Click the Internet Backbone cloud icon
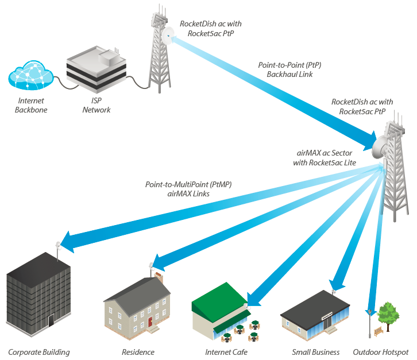tap(31, 75)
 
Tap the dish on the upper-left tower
tap(168, 36)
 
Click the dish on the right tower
tap(380, 148)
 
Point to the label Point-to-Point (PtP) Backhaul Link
tap(289, 69)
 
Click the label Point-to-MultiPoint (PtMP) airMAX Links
tap(188, 189)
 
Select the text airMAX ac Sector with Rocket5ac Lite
tap(325, 158)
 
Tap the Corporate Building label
tap(39, 353)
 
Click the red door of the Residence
tap(150, 322)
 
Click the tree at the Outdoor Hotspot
tap(388, 316)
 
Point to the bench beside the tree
tap(379, 331)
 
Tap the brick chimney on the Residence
tap(159, 277)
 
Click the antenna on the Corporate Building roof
tap(58, 250)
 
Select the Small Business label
tap(316, 353)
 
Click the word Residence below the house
tap(138, 353)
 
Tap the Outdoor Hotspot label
tap(381, 353)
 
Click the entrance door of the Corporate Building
tap(51, 320)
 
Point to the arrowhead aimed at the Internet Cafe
tap(253, 300)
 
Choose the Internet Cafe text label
tap(226, 353)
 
